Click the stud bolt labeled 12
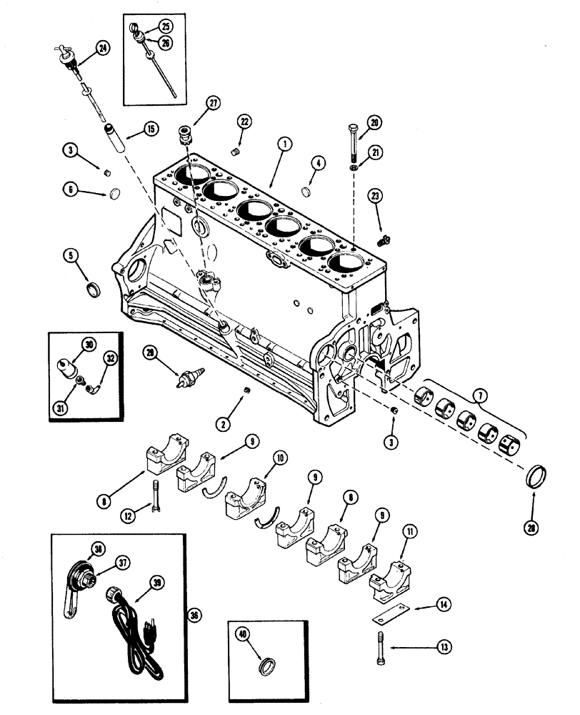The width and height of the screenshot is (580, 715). tap(154, 494)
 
